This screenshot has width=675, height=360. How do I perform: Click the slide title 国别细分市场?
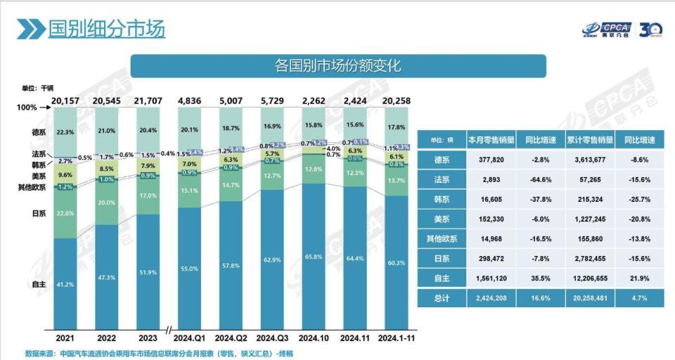[x=106, y=29]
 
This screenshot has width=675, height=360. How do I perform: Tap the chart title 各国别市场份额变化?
[x=337, y=67]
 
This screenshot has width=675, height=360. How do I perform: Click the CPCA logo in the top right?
[x=606, y=30]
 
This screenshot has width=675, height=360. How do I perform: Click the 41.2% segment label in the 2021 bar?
[x=65, y=284]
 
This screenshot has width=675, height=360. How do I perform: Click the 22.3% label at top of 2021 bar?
[x=65, y=132]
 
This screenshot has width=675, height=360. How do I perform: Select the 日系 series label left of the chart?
[x=39, y=213]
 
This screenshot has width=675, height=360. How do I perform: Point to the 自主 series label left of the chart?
[x=39, y=283]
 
